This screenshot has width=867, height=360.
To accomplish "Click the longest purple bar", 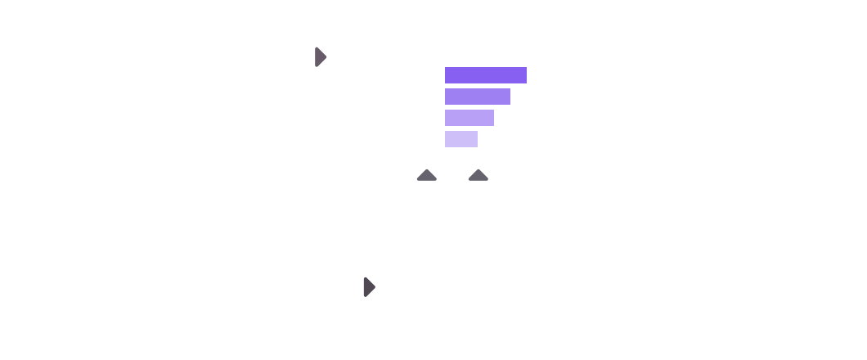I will (485, 75).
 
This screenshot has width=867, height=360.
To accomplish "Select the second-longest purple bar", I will (477, 97).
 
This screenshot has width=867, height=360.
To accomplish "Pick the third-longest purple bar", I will (469, 118).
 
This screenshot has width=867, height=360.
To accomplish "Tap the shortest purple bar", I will (460, 139).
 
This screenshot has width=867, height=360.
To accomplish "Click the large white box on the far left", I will (157, 167).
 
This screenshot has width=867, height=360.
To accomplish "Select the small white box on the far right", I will (752, 175).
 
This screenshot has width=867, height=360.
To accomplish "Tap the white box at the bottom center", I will (451, 286).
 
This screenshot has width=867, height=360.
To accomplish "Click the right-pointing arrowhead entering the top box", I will (321, 57).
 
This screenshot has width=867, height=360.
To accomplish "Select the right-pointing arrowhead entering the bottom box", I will (369, 287).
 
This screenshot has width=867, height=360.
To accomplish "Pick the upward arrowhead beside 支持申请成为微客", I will (426, 174).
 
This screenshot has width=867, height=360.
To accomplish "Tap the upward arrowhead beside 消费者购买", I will (478, 174).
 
